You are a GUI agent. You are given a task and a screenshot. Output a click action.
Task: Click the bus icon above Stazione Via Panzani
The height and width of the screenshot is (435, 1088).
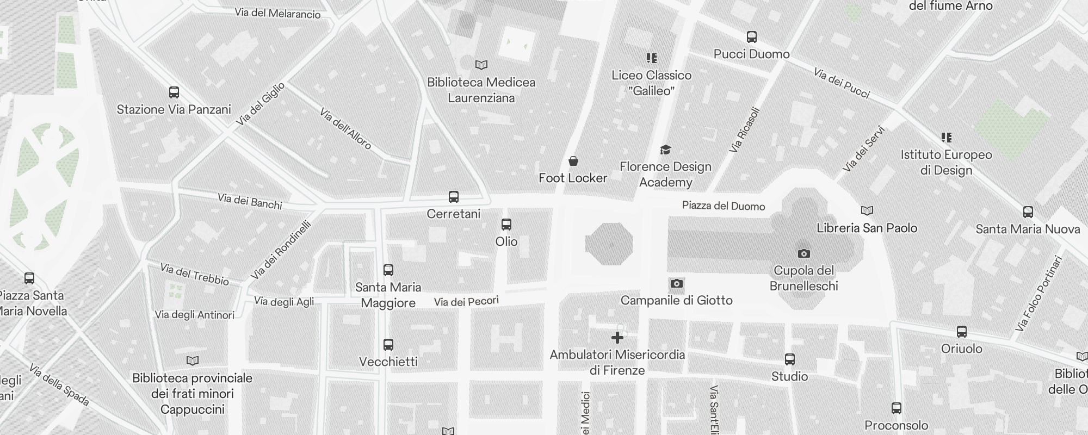point(174,92)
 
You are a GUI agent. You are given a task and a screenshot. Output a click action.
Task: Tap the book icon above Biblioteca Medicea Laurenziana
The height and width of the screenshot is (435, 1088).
point(481,65)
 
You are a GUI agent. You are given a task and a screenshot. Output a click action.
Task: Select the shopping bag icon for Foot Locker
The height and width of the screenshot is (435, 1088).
point(573,161)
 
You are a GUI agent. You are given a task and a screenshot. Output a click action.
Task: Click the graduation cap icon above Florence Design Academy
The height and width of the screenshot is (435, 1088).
point(665,150)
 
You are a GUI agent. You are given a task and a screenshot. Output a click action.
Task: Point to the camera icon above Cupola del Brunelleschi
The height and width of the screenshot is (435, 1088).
point(803,253)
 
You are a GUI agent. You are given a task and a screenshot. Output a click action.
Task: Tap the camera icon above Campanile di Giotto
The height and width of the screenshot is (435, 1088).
point(676,283)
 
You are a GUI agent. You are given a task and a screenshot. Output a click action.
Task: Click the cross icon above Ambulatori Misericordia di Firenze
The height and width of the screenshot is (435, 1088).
point(617,338)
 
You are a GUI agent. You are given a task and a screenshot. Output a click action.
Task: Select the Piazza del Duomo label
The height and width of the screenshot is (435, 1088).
point(724,206)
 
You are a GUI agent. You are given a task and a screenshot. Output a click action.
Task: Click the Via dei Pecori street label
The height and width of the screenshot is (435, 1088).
point(466,301)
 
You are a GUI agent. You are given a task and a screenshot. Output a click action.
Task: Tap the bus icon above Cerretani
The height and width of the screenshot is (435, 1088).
point(453,197)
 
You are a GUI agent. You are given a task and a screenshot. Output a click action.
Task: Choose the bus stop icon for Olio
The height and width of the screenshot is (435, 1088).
point(506,225)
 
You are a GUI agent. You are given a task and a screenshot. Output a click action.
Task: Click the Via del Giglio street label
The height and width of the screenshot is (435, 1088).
point(261,104)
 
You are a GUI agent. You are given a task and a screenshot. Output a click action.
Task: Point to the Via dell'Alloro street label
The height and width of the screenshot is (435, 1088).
point(345,129)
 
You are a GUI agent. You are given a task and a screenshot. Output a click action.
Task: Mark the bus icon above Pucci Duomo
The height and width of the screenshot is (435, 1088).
point(751,37)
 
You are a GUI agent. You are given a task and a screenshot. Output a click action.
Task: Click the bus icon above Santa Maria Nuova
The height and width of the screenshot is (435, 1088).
point(1028,212)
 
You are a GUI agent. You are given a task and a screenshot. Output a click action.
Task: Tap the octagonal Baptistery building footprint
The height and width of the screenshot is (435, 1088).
point(609,244)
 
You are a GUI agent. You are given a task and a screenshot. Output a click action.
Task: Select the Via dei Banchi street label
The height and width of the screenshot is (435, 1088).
point(250,201)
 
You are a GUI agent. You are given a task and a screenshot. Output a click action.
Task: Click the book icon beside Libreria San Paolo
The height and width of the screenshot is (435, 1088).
point(867,210)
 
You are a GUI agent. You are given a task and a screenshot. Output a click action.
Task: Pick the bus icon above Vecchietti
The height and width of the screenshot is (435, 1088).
point(388,345)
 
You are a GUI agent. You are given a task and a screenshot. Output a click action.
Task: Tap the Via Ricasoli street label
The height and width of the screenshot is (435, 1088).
point(744,129)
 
